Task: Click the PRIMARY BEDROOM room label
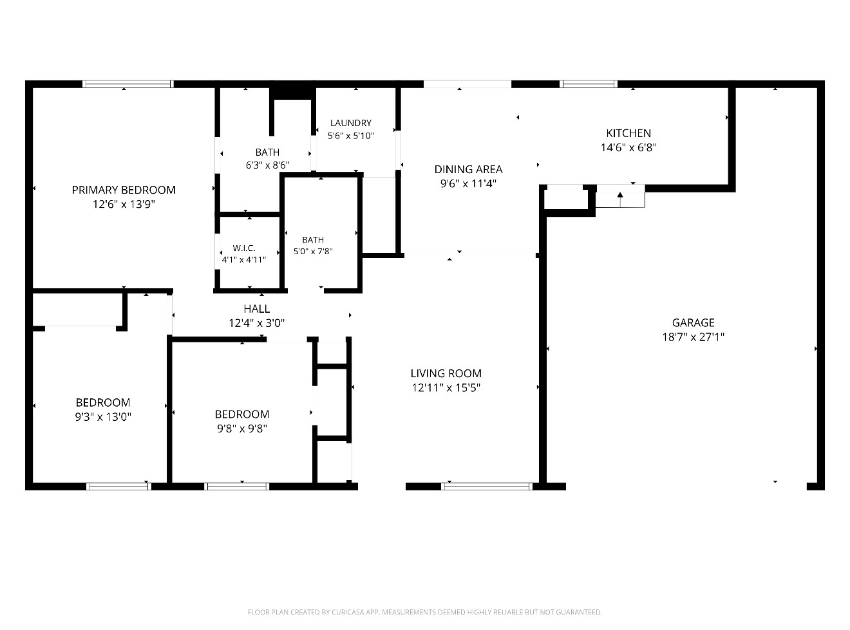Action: [x=124, y=190]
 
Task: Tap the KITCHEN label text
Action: [x=628, y=133]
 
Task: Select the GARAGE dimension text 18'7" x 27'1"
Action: [x=693, y=337]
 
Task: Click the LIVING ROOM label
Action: [x=446, y=373]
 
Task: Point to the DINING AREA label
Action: [x=468, y=169]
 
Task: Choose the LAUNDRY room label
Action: [x=351, y=123]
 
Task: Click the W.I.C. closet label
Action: [x=244, y=248]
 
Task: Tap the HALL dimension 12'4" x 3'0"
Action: [x=256, y=323]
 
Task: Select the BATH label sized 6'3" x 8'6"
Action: [x=267, y=153]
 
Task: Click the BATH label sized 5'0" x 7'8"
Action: [x=313, y=240]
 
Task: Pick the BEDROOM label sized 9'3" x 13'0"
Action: [x=102, y=402]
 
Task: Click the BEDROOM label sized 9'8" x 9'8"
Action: [x=242, y=414]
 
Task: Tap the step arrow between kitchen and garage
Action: [x=619, y=199]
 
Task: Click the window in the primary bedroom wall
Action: [x=128, y=84]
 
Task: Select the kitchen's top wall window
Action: [x=589, y=84]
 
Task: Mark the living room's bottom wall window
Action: [x=486, y=486]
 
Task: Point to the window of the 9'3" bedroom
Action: [x=118, y=486]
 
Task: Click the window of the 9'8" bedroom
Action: [x=236, y=486]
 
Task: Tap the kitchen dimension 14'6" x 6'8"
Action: [x=628, y=147]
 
